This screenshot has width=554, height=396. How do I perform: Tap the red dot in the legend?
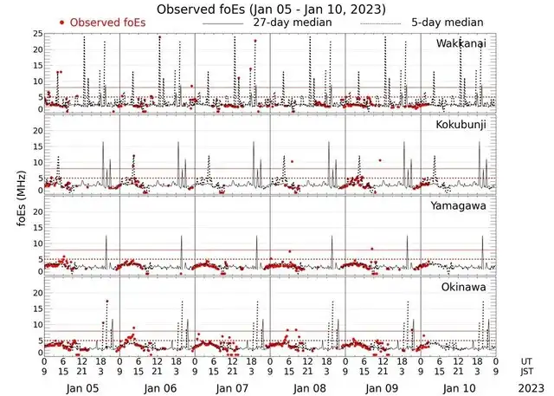coord(62,22)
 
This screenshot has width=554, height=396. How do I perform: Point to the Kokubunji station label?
coord(463,125)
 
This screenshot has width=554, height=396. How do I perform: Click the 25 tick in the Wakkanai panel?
coord(36,34)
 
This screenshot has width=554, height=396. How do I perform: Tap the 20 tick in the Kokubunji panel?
coord(36,130)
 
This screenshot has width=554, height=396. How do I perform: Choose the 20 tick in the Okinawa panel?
coord(36,292)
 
